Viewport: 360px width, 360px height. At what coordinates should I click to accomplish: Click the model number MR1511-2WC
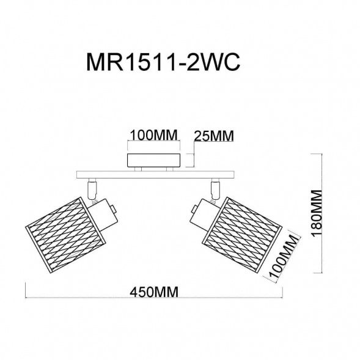[163, 62]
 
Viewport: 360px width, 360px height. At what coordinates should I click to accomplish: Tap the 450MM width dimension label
[154, 292]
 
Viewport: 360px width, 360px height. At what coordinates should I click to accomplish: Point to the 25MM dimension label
[214, 136]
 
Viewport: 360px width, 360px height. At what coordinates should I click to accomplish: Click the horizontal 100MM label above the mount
[153, 134]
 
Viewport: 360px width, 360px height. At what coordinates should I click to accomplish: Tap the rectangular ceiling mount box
[154, 160]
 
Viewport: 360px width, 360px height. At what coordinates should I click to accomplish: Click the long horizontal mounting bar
[155, 174]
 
